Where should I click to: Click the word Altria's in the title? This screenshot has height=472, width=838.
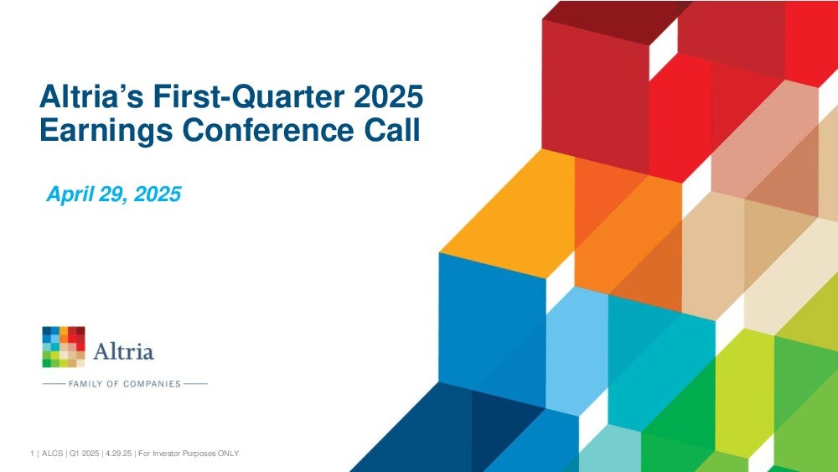tap(91, 96)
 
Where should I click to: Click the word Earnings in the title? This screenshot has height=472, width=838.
tap(106, 131)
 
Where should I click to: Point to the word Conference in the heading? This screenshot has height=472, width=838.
tap(268, 130)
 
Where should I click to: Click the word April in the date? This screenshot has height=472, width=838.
tap(70, 194)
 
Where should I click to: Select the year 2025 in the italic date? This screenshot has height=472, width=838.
tap(158, 194)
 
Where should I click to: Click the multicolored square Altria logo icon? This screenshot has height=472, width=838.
tap(64, 347)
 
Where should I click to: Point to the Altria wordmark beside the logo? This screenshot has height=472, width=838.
tap(123, 350)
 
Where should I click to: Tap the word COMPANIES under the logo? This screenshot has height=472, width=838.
tap(152, 384)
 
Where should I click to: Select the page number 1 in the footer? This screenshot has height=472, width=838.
tap(32, 454)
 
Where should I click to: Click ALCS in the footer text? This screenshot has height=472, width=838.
tap(52, 454)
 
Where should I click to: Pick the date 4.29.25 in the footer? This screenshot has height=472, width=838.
tap(117, 454)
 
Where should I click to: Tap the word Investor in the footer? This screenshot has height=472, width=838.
tap(167, 454)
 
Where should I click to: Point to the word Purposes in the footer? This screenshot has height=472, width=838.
tap(199, 454)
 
